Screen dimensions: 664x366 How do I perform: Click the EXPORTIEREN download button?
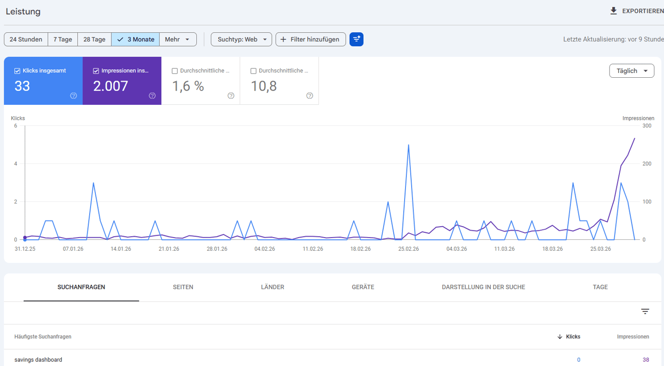point(636,11)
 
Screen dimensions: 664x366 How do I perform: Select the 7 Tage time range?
point(63,39)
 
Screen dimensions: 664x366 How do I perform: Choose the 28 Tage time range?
point(94,39)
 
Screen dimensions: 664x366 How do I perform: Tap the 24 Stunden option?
point(26,39)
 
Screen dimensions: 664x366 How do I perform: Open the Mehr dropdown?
point(177,39)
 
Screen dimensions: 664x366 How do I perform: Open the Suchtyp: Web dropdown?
point(241,39)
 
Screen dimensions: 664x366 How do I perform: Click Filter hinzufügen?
point(311,39)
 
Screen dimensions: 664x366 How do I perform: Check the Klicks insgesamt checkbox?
point(17,71)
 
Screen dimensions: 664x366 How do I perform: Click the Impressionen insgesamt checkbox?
point(96,71)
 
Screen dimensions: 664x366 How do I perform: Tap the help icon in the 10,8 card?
point(309,95)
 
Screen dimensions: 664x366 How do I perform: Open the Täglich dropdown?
point(632,71)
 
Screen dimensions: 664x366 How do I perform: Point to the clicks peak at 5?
point(408,145)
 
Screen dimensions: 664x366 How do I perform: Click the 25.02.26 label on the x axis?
point(408,249)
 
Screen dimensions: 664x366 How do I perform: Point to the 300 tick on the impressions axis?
point(647,126)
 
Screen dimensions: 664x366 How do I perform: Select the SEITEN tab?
point(183,287)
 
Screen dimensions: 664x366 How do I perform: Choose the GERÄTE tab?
point(363,287)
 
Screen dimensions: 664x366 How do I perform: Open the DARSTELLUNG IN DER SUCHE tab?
point(483,287)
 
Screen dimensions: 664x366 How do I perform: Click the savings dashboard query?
point(38,359)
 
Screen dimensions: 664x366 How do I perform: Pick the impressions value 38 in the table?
point(646,360)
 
